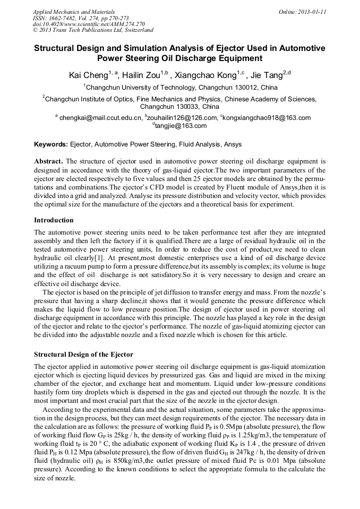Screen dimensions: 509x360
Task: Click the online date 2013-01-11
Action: pos(307,12)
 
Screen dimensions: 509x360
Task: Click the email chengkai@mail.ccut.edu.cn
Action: pos(100,118)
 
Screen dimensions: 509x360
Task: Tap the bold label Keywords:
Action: pos(51,144)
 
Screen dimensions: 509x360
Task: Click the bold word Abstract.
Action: pos(48,161)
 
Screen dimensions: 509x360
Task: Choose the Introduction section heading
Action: pos(54,220)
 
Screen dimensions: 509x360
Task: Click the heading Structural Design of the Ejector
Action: pos(83,354)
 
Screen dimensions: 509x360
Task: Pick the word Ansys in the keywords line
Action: pos(234,144)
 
